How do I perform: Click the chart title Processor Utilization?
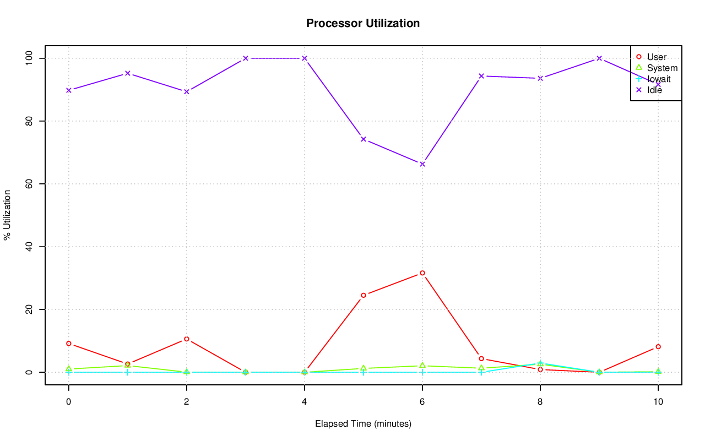click(363, 23)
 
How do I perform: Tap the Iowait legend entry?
click(659, 79)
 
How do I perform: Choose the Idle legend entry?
click(654, 90)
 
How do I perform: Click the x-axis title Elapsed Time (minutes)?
click(363, 424)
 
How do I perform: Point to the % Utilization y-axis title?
click(7, 215)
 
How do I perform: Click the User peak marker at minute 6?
click(422, 273)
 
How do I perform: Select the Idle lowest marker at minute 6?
click(422, 164)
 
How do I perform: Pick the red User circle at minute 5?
click(364, 295)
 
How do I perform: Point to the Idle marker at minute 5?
click(364, 139)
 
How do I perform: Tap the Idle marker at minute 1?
click(128, 73)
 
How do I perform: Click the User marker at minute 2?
click(187, 339)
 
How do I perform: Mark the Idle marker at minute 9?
click(599, 58)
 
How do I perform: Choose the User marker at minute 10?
click(658, 347)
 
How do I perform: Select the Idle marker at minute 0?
click(69, 90)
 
